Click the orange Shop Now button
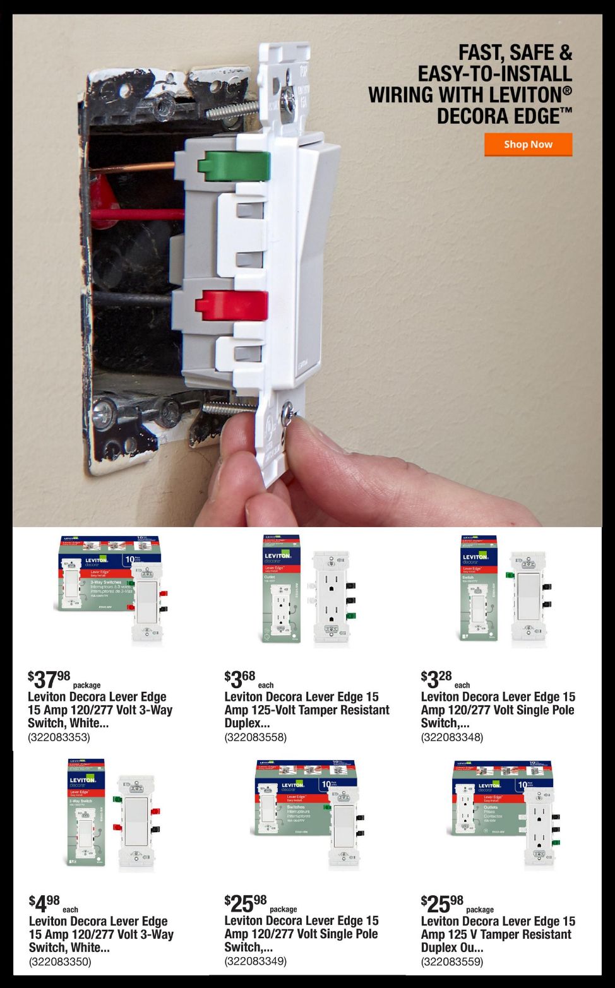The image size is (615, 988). pos(528,144)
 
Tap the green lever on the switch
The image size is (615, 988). pos(234,166)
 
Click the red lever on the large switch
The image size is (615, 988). pos(232,305)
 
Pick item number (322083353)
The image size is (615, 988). pos(59,737)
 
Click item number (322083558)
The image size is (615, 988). pos(255,737)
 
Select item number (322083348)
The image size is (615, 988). pos(452,737)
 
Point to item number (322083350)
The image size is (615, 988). pos(60,961)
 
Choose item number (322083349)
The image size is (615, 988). pos(255,961)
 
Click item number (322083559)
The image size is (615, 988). pos(452,961)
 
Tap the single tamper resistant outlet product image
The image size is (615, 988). pos(307,590)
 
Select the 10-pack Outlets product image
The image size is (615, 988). pos(504,814)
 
